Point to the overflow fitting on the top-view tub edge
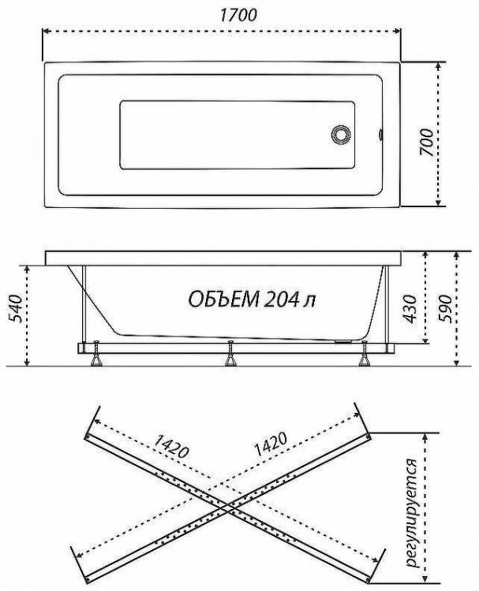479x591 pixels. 381,133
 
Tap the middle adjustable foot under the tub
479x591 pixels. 231,357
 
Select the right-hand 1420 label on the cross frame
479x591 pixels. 270,447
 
